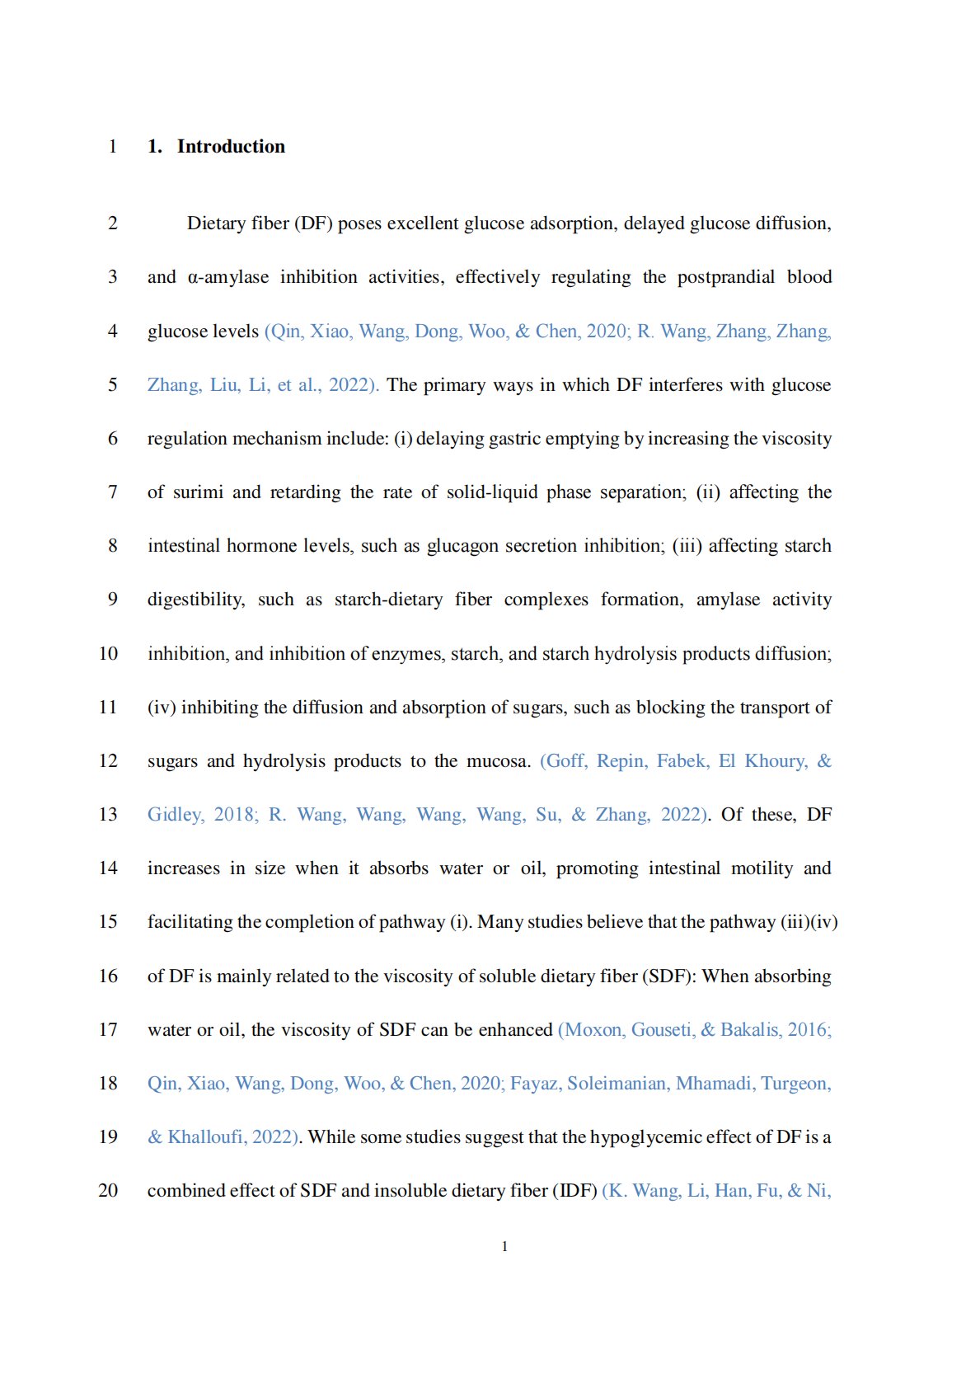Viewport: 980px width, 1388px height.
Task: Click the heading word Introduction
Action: pos(231,147)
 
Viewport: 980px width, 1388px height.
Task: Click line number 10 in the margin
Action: pos(108,654)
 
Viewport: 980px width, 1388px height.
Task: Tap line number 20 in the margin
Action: pos(108,1191)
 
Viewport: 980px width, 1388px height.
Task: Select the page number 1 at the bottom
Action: pos(504,1246)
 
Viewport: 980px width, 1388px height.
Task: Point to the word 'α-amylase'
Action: pos(228,277)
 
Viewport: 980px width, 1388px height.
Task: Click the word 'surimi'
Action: pos(198,492)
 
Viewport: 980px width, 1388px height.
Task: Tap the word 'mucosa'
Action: pos(497,761)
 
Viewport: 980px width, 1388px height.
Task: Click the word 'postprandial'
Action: pos(725,277)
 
